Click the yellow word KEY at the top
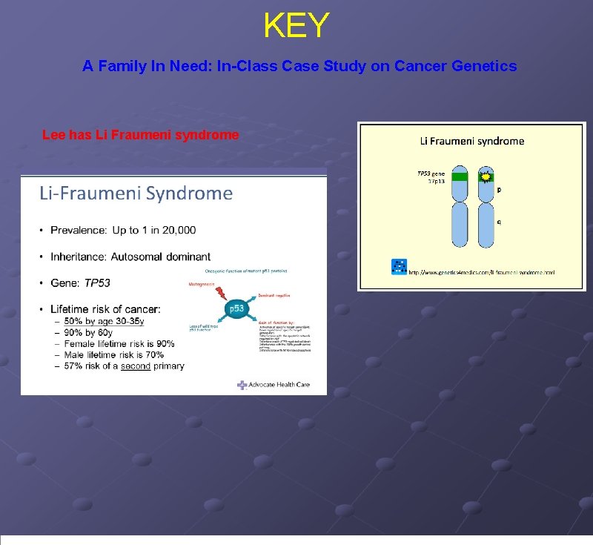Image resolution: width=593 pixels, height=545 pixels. [x=296, y=26]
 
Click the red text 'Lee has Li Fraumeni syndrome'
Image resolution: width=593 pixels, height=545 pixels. [x=140, y=135]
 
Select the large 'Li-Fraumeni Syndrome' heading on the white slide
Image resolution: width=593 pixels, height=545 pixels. [x=136, y=194]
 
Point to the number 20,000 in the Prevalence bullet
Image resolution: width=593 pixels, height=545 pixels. [x=176, y=231]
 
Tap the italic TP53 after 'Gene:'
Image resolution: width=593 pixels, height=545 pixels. [x=97, y=283]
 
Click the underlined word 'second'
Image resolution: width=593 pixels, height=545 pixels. [x=136, y=366]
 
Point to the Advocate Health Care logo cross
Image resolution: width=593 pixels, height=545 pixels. [x=242, y=384]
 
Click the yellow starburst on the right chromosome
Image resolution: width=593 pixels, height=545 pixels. [x=486, y=177]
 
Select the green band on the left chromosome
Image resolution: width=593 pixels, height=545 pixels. [x=460, y=176]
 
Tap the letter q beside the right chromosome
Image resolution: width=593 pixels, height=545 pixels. [x=499, y=221]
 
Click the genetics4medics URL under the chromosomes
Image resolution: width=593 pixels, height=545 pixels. [x=482, y=272]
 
